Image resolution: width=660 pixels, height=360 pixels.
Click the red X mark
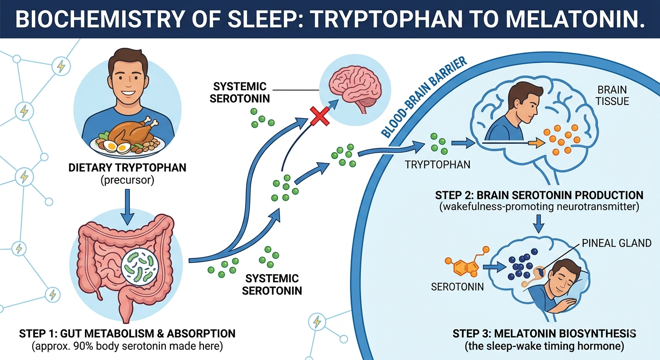point(320,117)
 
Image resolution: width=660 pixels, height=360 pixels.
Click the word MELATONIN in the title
point(571,19)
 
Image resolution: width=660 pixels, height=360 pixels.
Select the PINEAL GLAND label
point(616,243)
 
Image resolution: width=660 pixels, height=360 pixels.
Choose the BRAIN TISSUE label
point(612,96)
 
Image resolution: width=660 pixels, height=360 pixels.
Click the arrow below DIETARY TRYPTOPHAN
point(127,207)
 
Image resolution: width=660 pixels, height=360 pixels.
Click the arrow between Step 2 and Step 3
point(539,224)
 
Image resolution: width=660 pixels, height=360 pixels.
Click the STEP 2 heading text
point(539,195)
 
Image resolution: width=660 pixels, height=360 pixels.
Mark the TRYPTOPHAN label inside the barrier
point(437,165)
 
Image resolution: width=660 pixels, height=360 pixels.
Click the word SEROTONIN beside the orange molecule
point(457,287)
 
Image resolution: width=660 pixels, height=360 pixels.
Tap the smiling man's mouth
point(127,94)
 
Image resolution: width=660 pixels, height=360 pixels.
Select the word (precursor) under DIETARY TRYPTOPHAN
point(127,180)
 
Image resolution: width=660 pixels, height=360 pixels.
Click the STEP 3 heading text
point(544,333)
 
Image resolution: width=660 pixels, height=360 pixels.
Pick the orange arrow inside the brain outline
point(537,143)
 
